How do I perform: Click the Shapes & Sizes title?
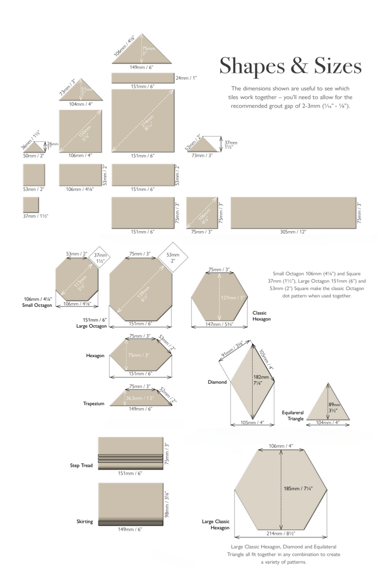click(x=290, y=66)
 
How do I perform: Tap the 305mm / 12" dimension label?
click(x=293, y=232)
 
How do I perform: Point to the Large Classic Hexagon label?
click(x=216, y=525)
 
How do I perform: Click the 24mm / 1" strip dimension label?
click(x=186, y=78)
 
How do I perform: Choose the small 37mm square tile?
click(x=30, y=204)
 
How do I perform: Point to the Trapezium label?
click(x=93, y=404)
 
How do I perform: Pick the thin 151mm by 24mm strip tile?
click(x=142, y=78)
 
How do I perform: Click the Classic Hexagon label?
click(x=262, y=316)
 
